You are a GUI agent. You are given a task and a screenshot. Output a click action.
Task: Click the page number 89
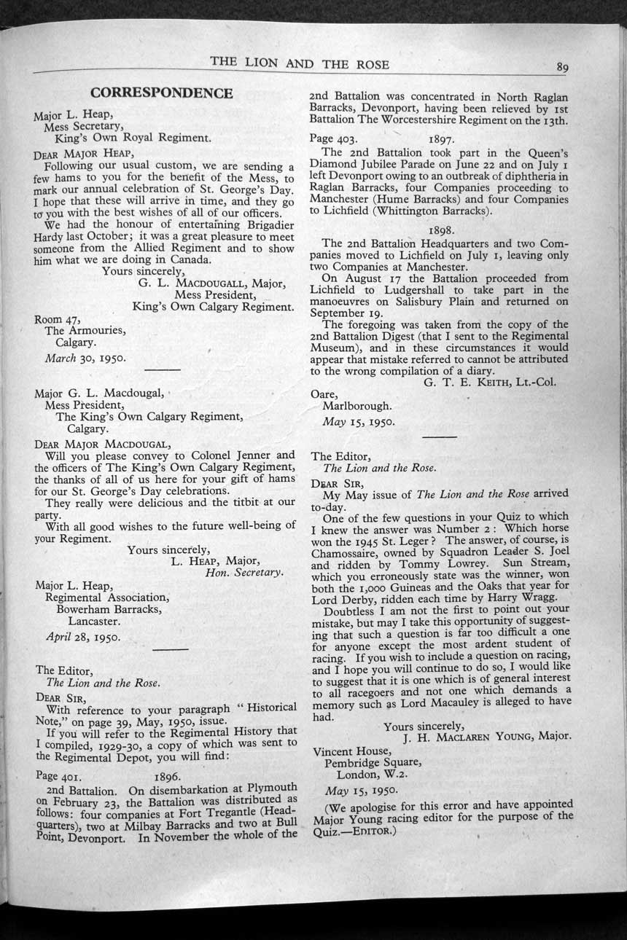click(x=562, y=67)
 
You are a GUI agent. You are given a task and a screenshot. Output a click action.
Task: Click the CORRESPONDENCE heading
click(x=161, y=93)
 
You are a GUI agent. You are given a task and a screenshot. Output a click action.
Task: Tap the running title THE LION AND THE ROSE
click(x=300, y=63)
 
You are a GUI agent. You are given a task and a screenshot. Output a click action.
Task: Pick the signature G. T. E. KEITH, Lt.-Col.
click(x=489, y=382)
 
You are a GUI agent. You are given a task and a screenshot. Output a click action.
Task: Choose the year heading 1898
click(x=442, y=230)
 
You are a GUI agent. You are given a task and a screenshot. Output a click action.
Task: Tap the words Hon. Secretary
click(x=244, y=572)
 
